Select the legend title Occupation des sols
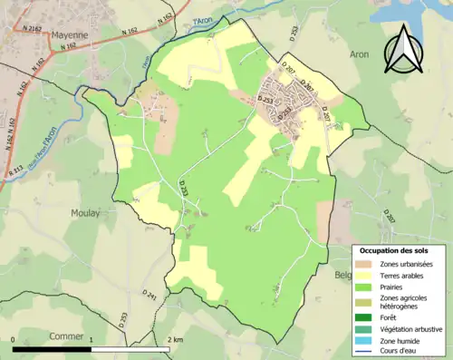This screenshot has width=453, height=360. point(394,250)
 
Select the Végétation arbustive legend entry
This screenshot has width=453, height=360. point(408,329)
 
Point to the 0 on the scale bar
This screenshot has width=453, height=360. point(14,338)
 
